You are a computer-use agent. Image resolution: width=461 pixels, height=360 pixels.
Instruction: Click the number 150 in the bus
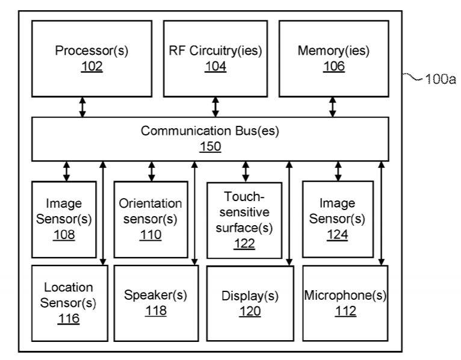211,146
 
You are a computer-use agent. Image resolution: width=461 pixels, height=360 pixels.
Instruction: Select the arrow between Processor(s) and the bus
83,106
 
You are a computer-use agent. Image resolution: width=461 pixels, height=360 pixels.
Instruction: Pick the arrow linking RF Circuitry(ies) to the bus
215,106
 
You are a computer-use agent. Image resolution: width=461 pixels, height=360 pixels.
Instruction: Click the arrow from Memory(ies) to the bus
333,106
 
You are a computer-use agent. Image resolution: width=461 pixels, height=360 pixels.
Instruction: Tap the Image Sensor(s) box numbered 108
65,219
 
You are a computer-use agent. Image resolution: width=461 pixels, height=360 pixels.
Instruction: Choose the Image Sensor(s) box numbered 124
337,219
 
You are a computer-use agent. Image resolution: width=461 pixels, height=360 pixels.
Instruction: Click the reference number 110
150,235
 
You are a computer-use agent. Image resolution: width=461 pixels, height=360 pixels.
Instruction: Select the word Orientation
150,203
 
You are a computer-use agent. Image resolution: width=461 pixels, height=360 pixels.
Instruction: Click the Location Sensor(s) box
69,303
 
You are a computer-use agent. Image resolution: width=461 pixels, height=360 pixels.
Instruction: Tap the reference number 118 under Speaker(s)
155,311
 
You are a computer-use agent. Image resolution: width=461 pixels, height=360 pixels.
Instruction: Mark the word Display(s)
250,296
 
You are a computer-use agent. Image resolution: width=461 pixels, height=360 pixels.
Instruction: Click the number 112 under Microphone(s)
345,311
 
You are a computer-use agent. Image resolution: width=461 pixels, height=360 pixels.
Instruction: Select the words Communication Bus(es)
210,131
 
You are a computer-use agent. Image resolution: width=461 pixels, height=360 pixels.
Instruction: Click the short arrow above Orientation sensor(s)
151,171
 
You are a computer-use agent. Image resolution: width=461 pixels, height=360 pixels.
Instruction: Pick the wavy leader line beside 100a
415,78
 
